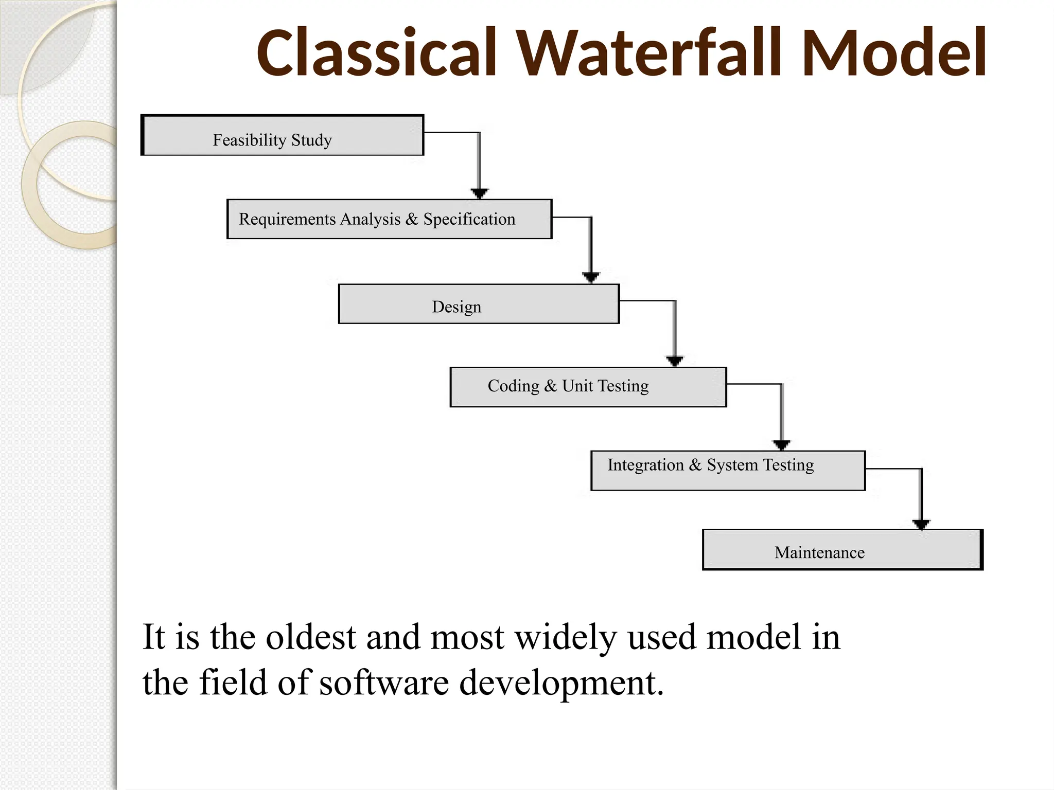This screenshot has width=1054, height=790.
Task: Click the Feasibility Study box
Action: point(282,135)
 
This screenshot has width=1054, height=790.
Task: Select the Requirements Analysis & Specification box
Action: point(389,219)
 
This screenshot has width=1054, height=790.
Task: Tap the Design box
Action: point(479,304)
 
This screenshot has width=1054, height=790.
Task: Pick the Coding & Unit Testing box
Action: point(588,387)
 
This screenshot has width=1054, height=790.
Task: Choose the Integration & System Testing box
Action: point(728,471)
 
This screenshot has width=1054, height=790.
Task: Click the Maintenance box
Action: point(842,550)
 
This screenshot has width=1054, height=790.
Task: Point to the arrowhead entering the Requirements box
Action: point(479,193)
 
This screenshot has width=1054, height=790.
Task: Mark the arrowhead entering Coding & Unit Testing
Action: point(675,361)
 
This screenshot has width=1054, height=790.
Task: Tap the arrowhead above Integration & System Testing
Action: point(781,445)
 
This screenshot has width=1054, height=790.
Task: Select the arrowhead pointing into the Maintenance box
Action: point(921,524)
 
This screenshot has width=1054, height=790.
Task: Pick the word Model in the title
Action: point(893,53)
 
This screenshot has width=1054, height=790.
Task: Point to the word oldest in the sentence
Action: point(310,637)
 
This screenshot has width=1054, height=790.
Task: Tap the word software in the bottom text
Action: point(384,683)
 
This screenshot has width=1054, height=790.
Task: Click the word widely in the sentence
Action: point(566,638)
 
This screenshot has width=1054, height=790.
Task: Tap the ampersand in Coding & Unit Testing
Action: point(550,386)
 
